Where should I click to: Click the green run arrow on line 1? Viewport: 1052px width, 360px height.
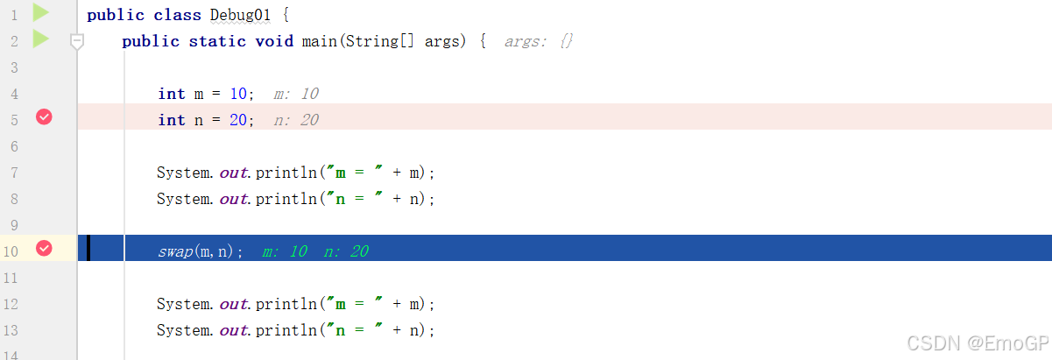[40, 12]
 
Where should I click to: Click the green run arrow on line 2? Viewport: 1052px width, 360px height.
[40, 39]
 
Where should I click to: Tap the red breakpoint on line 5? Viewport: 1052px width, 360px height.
[44, 117]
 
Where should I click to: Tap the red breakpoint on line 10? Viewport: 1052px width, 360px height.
[44, 249]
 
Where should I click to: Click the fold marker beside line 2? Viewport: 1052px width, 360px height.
[77, 41]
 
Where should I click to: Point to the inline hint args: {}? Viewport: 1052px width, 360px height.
[539, 41]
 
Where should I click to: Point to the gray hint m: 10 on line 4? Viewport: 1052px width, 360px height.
[296, 94]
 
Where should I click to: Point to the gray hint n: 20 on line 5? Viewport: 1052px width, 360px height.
[296, 120]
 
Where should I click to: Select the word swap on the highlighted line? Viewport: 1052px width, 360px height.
[175, 251]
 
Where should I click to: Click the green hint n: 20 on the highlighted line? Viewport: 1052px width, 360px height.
[346, 251]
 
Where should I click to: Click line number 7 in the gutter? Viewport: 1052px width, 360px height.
[12, 173]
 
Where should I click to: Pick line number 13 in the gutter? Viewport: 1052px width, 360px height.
[11, 330]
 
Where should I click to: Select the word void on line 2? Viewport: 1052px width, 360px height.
[274, 41]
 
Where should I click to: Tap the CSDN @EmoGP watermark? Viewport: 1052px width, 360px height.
[976, 342]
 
